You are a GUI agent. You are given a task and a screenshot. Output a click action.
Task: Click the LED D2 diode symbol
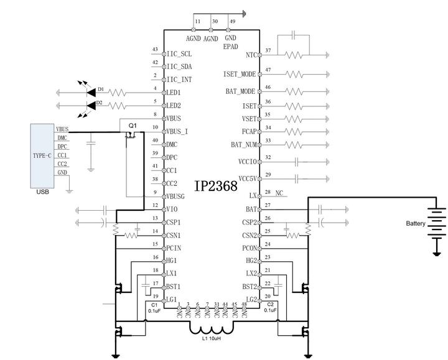[90, 106]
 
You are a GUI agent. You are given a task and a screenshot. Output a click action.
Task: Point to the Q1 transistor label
[132, 125]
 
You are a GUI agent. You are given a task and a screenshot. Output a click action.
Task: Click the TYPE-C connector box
[42, 155]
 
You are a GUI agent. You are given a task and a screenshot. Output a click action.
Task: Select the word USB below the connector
[42, 192]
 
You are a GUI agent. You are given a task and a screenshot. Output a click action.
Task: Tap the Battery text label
[416, 223]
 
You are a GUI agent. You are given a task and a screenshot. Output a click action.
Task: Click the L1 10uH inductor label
[212, 339]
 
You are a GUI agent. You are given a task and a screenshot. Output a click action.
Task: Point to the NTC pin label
[251, 55]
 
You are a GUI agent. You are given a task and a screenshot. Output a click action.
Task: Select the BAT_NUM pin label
[244, 144]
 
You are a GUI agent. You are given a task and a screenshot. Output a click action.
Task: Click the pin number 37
[268, 50]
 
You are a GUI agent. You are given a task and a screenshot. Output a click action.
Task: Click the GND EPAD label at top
[230, 42]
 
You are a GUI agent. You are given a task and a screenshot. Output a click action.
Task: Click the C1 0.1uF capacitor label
[154, 308]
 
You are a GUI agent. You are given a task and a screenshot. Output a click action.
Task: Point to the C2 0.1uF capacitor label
[269, 308]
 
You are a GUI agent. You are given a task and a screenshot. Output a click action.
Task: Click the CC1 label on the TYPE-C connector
[62, 155]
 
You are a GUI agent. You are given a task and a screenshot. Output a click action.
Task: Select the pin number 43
[154, 50]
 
